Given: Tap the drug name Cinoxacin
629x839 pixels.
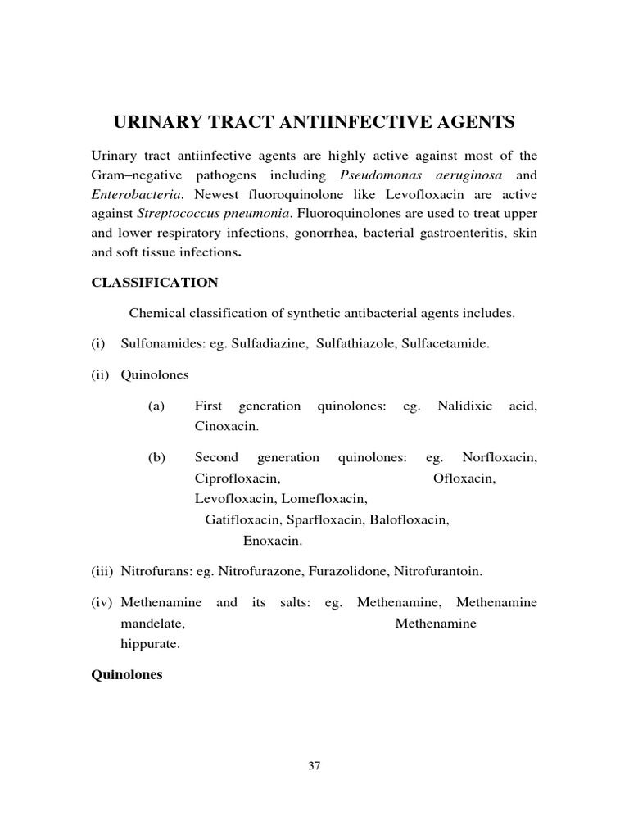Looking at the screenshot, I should tap(226, 427).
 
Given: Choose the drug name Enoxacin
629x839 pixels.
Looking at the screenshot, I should tap(273, 540).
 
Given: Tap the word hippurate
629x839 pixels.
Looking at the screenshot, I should tap(150, 645).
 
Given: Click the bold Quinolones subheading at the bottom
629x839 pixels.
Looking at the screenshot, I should tap(127, 676).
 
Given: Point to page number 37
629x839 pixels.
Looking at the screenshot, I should tap(314, 766).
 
